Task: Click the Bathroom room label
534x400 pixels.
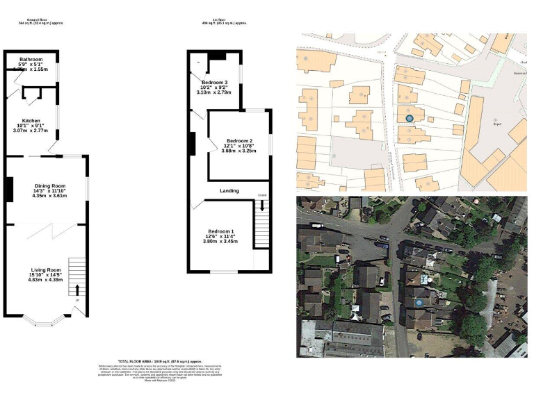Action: pos(31,60)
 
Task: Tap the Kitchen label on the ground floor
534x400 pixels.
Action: pos(31,120)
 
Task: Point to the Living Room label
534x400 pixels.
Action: pos(45,269)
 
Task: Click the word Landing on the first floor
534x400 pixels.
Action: pos(229,191)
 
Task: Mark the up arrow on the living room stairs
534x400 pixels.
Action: pos(77,290)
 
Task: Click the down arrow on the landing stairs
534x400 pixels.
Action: pos(261,205)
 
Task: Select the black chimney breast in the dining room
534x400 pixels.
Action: pos(9,190)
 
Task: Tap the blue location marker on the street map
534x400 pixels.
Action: pos(410,119)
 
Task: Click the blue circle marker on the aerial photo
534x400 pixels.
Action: pos(421,303)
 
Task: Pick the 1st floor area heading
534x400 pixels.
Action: pos(225,22)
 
